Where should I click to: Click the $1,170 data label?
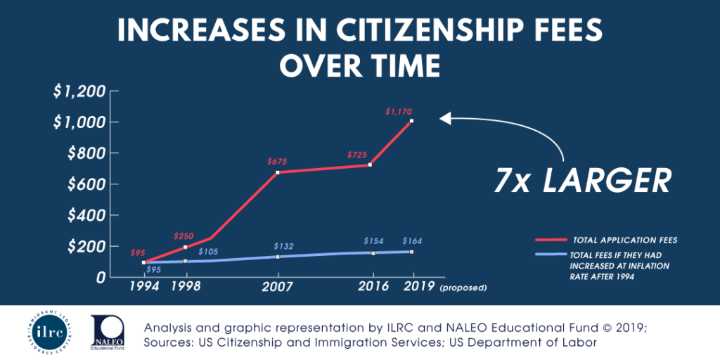[x=398, y=111]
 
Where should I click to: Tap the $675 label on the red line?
[x=278, y=162]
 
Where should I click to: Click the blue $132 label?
[x=283, y=246]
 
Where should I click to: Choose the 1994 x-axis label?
[x=143, y=287]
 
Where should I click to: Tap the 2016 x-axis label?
[x=373, y=287]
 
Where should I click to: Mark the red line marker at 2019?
[x=412, y=121]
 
